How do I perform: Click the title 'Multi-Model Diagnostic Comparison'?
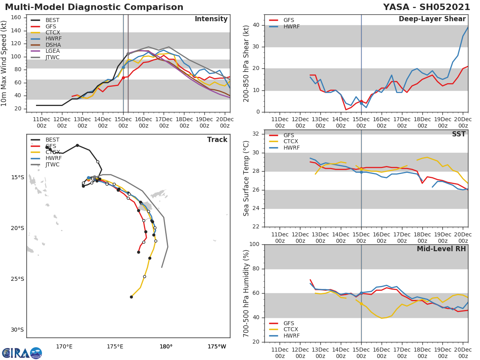pyautogui.click(x=94, y=7)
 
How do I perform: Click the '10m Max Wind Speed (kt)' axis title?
pyautogui.click(x=4, y=63)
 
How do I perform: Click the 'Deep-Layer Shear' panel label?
pyautogui.click(x=432, y=19)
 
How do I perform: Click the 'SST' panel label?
pyautogui.click(x=458, y=134)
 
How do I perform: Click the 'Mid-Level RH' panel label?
pyautogui.click(x=441, y=249)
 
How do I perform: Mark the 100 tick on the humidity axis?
pyautogui.click(x=256, y=244)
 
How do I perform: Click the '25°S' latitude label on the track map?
pyautogui.click(x=17, y=279)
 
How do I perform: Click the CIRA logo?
pyautogui.click(x=22, y=353)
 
